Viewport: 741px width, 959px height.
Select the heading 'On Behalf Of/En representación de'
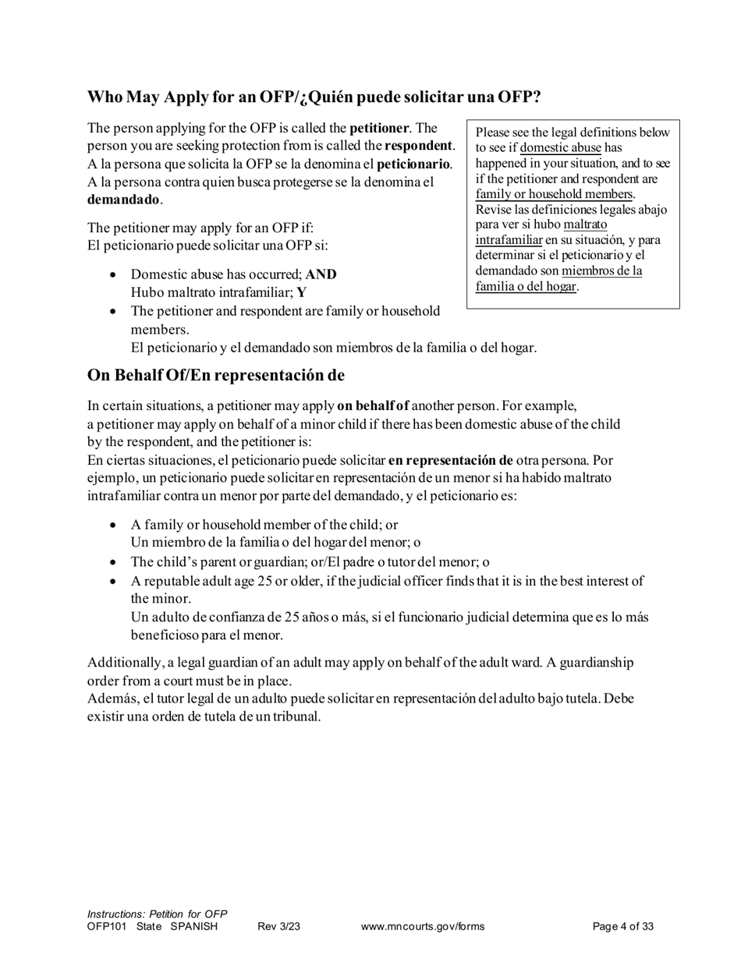click(x=215, y=375)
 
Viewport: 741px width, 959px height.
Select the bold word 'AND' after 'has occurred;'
click(x=321, y=275)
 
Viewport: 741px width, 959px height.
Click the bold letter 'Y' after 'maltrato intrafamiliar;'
click(x=302, y=293)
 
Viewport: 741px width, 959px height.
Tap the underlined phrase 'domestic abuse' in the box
click(x=561, y=147)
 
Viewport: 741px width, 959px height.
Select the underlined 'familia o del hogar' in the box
click(x=526, y=286)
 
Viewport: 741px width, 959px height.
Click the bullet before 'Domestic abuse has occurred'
click(x=114, y=275)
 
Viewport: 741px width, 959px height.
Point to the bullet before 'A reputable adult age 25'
click(x=114, y=582)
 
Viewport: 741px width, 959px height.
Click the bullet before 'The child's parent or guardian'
click(x=114, y=562)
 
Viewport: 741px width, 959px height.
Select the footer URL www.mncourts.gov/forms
click(x=423, y=927)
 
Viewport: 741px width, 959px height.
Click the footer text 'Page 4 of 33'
click(x=622, y=927)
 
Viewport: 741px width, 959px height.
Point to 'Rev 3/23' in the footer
click(x=278, y=927)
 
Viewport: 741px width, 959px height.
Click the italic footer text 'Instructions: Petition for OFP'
click(x=157, y=914)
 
